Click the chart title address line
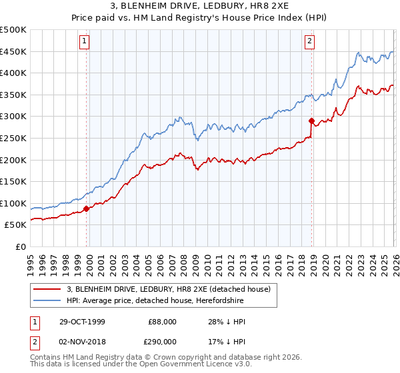coord(200,6)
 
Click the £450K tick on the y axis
coord(13,52)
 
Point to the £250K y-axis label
coord(13,139)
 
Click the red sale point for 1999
coord(87,208)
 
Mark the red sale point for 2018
coord(311,121)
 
